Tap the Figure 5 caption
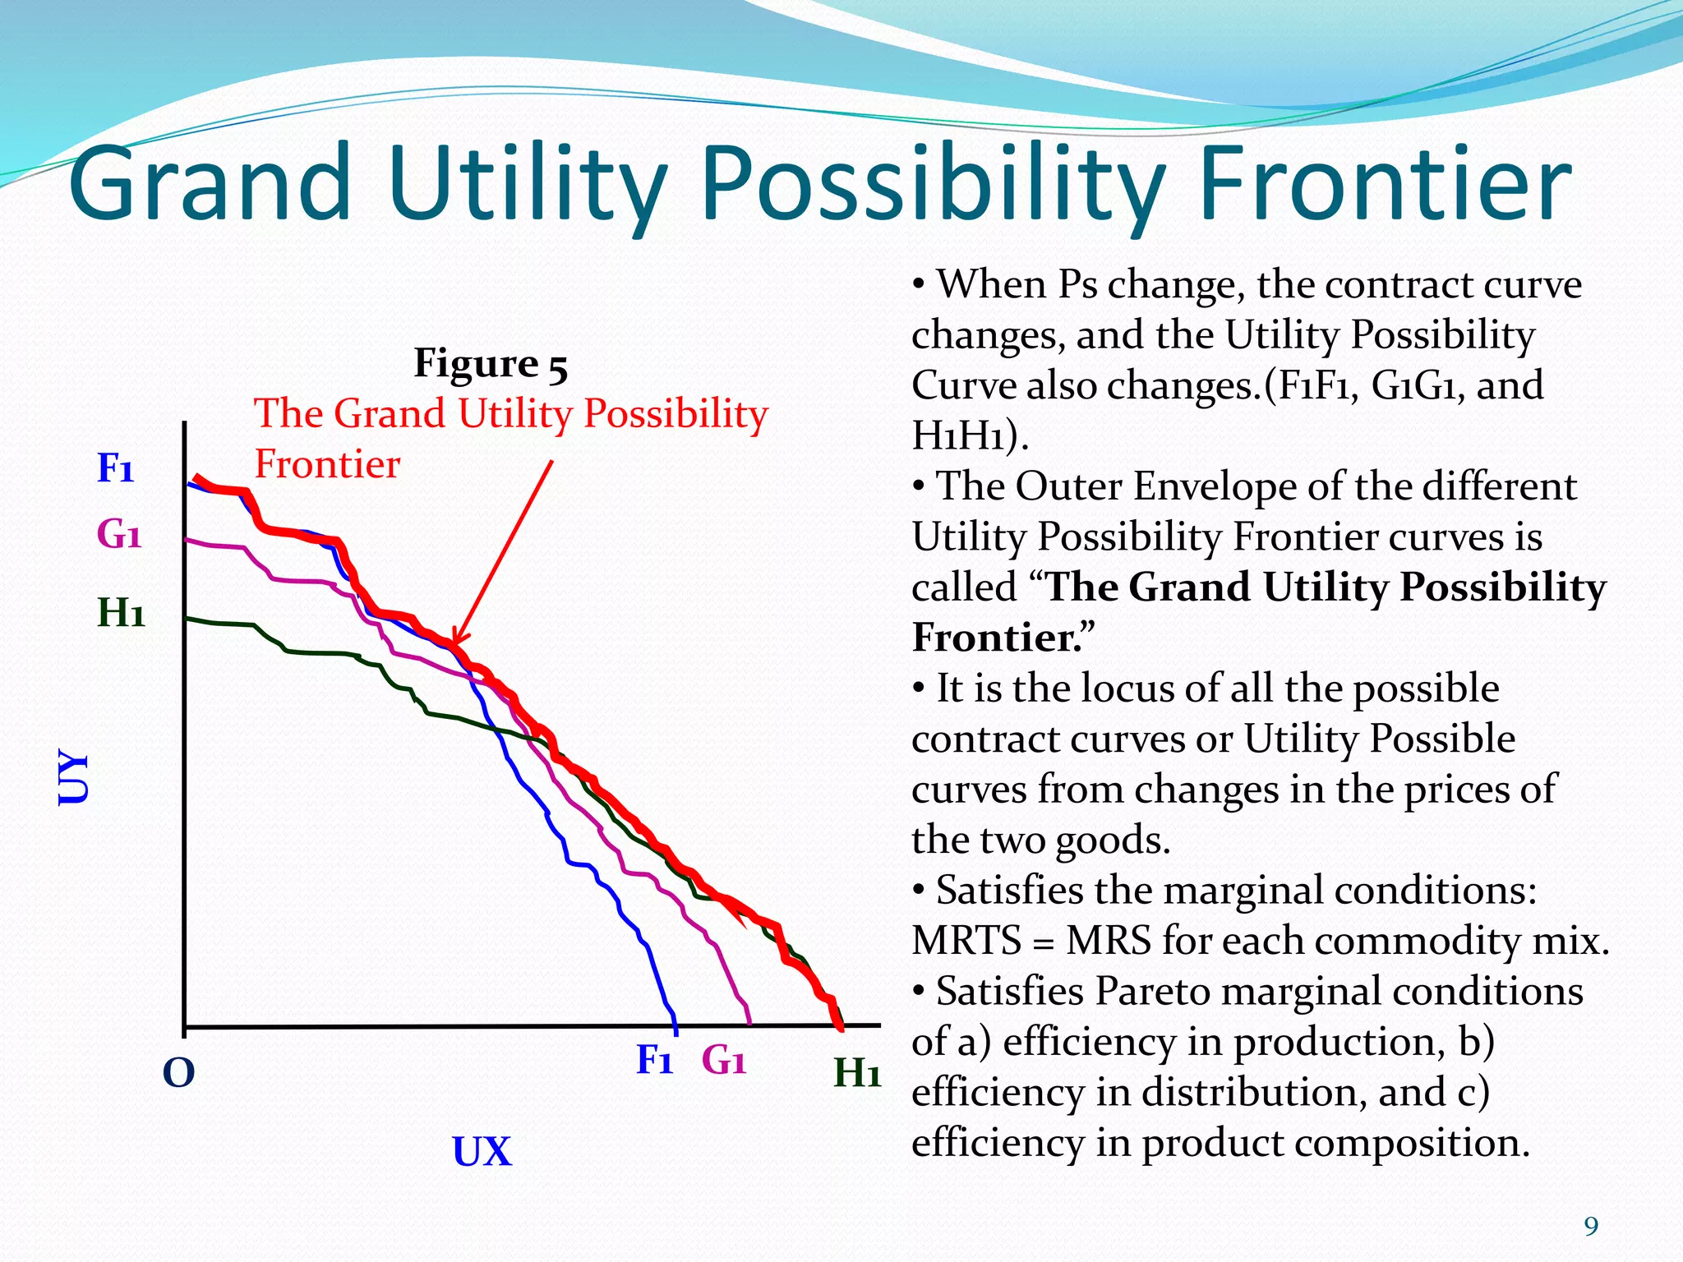click(x=491, y=363)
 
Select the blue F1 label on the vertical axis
click(x=115, y=468)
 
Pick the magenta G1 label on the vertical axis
click(x=119, y=535)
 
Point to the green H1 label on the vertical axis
click(x=121, y=613)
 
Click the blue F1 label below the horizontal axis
click(x=654, y=1060)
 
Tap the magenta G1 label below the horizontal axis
click(x=723, y=1060)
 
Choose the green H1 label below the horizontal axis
click(x=856, y=1072)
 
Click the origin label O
click(x=178, y=1072)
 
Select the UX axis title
click(x=482, y=1151)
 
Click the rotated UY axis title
click(x=73, y=776)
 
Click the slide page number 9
click(x=1591, y=1227)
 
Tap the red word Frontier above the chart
click(x=327, y=464)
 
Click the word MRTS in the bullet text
click(x=966, y=941)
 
